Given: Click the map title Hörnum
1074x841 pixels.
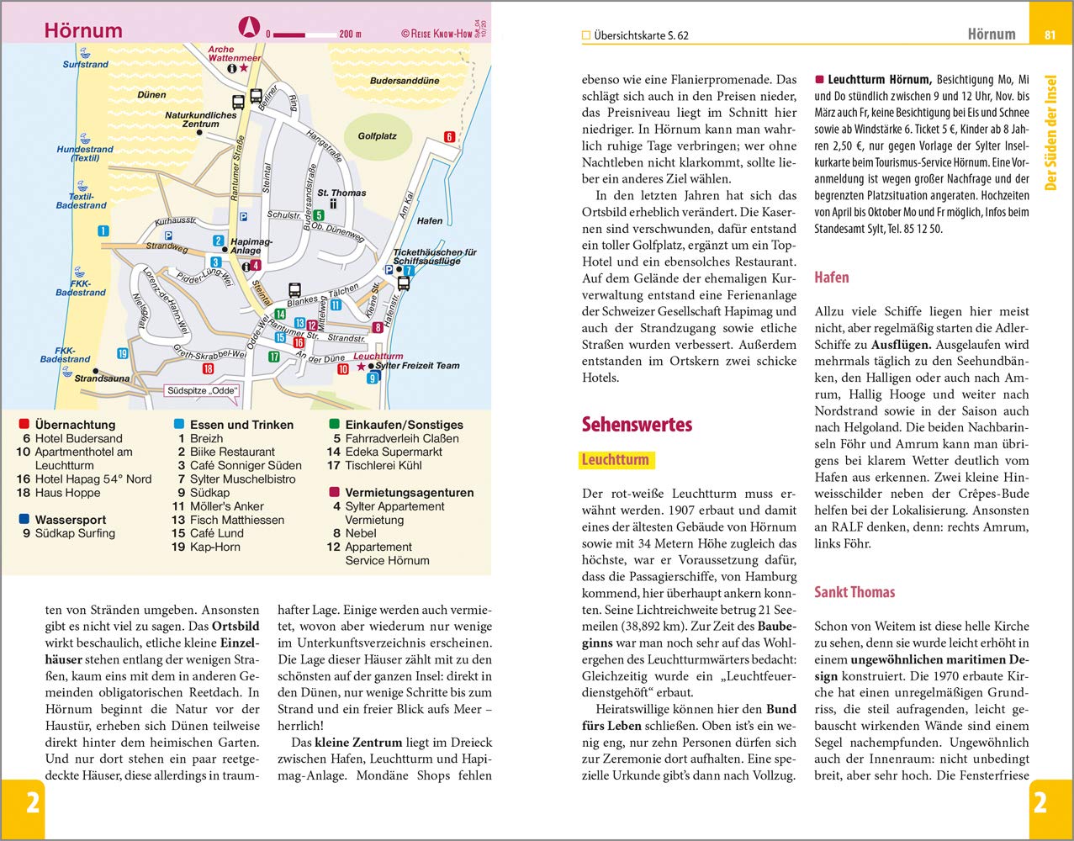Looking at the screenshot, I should click(x=82, y=30).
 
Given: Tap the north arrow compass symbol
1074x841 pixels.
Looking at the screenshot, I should click(x=249, y=28).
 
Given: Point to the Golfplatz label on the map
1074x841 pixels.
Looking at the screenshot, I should click(x=377, y=135).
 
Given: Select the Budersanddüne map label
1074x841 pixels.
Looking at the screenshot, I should click(x=405, y=82).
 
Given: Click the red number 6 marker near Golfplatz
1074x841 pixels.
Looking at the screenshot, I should click(x=449, y=137).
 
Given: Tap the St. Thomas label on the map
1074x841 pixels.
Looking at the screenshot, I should click(x=341, y=193).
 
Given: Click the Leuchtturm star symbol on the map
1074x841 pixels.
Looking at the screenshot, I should click(x=362, y=367).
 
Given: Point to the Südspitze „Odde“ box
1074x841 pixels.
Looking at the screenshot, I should click(x=203, y=391).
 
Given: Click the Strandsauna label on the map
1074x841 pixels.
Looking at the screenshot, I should click(x=103, y=378).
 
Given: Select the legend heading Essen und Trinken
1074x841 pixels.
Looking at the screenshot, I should click(x=241, y=425).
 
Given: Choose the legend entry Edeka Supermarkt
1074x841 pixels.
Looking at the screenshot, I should click(x=384, y=452).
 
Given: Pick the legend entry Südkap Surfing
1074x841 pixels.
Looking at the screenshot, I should click(x=75, y=533).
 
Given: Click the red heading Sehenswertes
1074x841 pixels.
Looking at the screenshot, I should click(x=637, y=424).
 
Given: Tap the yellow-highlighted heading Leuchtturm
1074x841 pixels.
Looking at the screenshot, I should click(x=616, y=460).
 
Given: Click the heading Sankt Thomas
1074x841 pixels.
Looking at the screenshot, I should click(x=854, y=592).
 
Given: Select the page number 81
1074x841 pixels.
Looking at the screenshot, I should click(x=1050, y=34).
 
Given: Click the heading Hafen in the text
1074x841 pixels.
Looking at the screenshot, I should click(x=832, y=278).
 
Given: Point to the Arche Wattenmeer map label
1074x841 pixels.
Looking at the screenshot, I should click(x=234, y=55).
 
